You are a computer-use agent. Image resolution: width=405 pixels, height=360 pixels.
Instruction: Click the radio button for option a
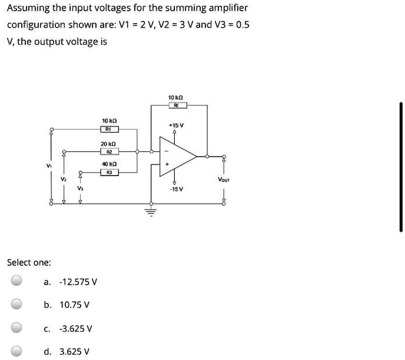coord(18,281)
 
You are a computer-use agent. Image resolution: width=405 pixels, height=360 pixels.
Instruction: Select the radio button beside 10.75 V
coord(18,305)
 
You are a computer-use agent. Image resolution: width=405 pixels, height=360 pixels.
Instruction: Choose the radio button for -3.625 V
coord(18,328)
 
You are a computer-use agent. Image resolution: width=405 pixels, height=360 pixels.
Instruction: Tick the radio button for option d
coord(18,351)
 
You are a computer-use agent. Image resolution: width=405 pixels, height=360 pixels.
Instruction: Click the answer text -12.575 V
coord(78,282)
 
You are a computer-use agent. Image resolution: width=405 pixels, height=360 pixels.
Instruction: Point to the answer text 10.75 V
coord(75,305)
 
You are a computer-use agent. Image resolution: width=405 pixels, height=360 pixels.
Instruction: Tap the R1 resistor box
coord(110,129)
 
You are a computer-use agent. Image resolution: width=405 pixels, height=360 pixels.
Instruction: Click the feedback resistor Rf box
coord(177,105)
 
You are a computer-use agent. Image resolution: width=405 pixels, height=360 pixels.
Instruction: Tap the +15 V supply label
coord(177,125)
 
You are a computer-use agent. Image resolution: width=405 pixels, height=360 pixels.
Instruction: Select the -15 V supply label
coord(177,189)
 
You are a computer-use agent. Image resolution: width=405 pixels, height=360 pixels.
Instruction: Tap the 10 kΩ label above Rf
coord(177,97)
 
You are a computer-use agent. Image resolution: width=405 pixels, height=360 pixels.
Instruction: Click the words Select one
coord(29,262)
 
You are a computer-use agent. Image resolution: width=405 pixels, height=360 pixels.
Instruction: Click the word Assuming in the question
coord(28,9)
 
